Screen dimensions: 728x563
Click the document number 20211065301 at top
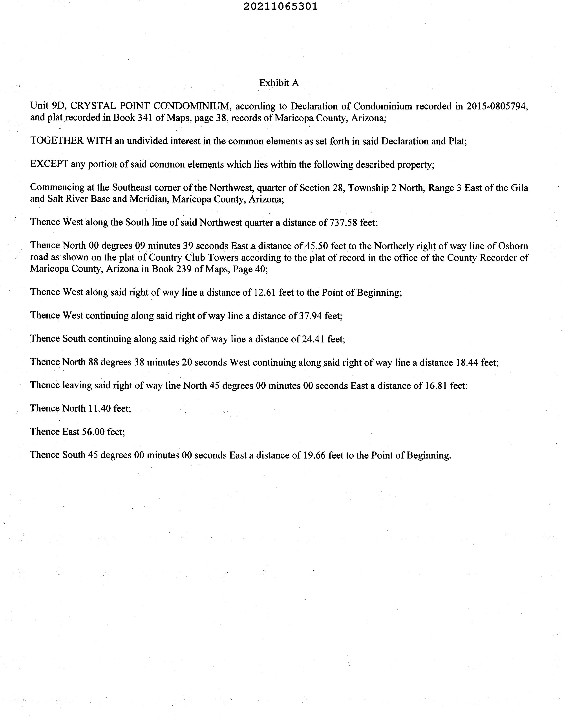[280, 7]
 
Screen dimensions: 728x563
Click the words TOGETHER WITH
[71, 141]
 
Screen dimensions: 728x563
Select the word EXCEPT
[49, 164]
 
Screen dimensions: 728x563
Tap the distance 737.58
[343, 222]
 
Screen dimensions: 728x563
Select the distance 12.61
[265, 292]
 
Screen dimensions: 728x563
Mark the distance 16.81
[436, 386]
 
